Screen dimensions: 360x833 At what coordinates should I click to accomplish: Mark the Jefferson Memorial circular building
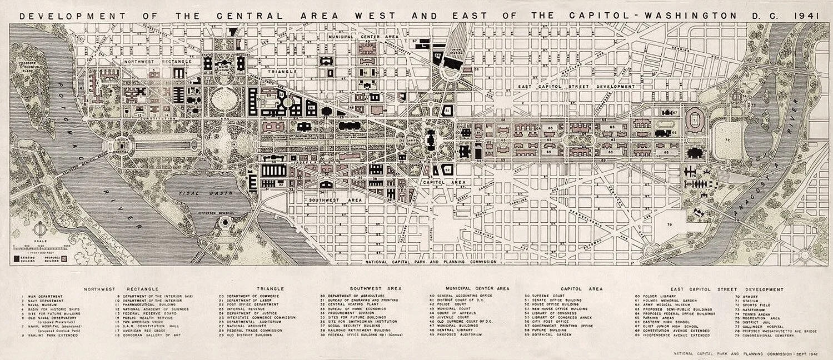[225, 223]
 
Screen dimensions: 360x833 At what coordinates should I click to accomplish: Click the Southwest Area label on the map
[328, 199]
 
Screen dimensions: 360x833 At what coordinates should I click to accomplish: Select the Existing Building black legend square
[17, 258]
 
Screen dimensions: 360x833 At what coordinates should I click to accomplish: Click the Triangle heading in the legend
[270, 289]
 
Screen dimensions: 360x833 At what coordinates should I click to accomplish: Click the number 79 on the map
[670, 224]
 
